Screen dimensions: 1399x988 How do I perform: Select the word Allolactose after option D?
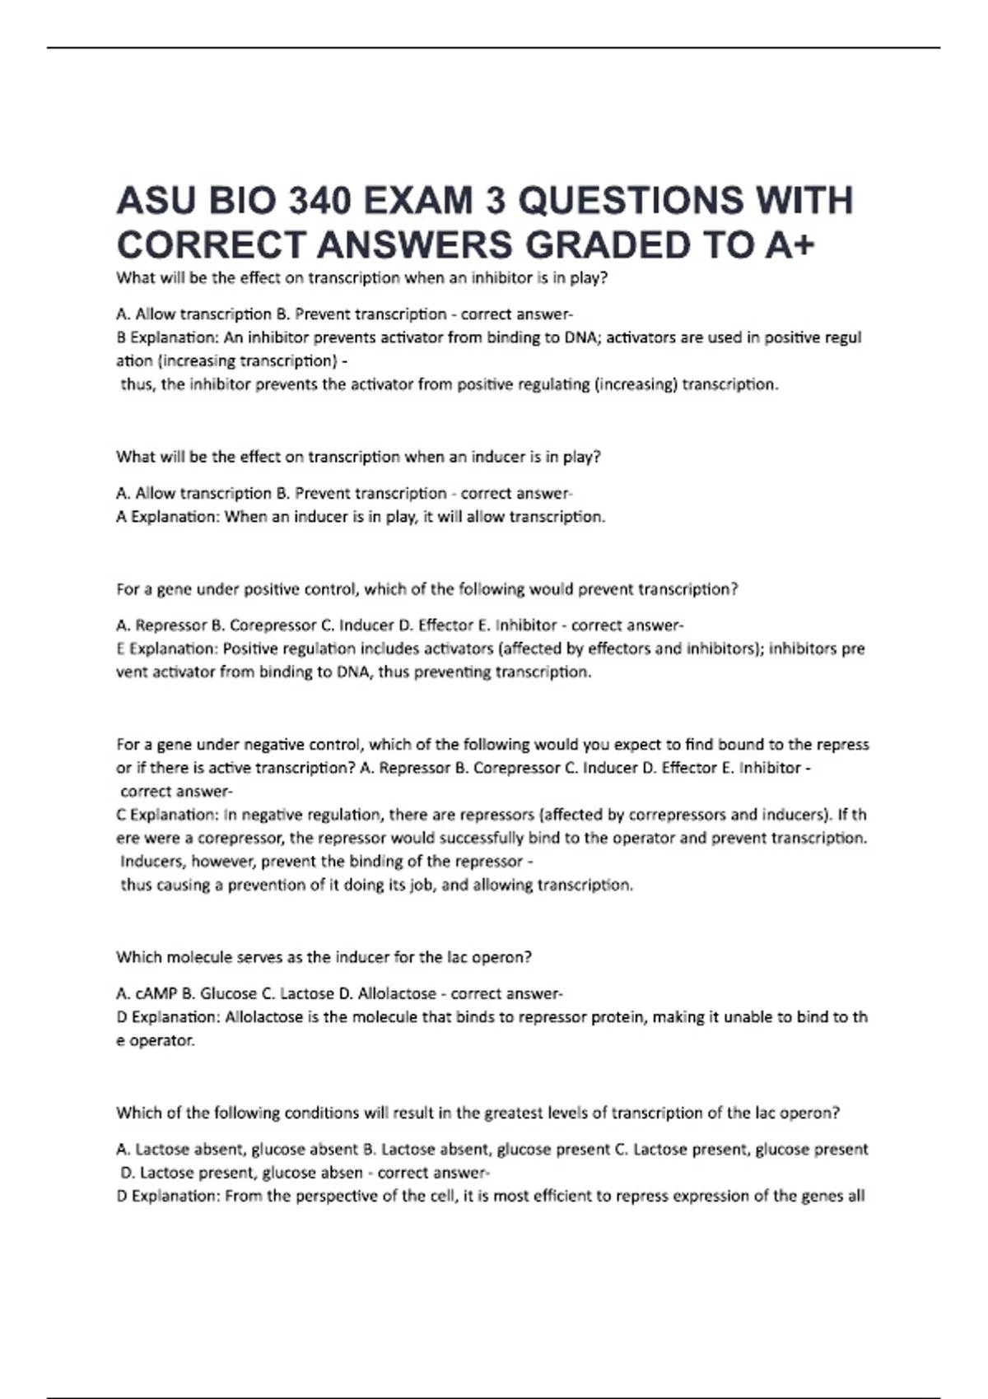coord(397,993)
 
